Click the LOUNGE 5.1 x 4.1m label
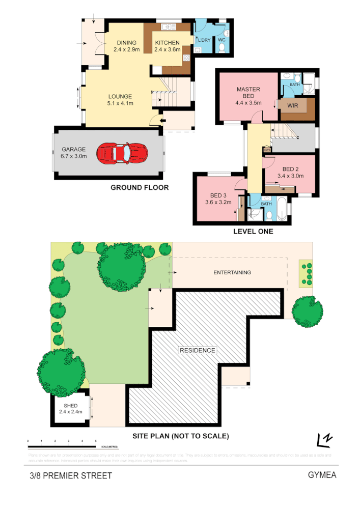click(x=120, y=100)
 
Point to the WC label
click(x=221, y=39)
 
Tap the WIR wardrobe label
click(x=293, y=106)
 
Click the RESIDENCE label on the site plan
click(x=197, y=350)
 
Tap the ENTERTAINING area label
click(x=232, y=272)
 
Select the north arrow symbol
click(x=324, y=438)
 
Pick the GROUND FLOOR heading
click(x=140, y=188)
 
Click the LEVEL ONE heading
click(x=253, y=231)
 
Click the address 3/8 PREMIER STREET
click(x=70, y=476)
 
